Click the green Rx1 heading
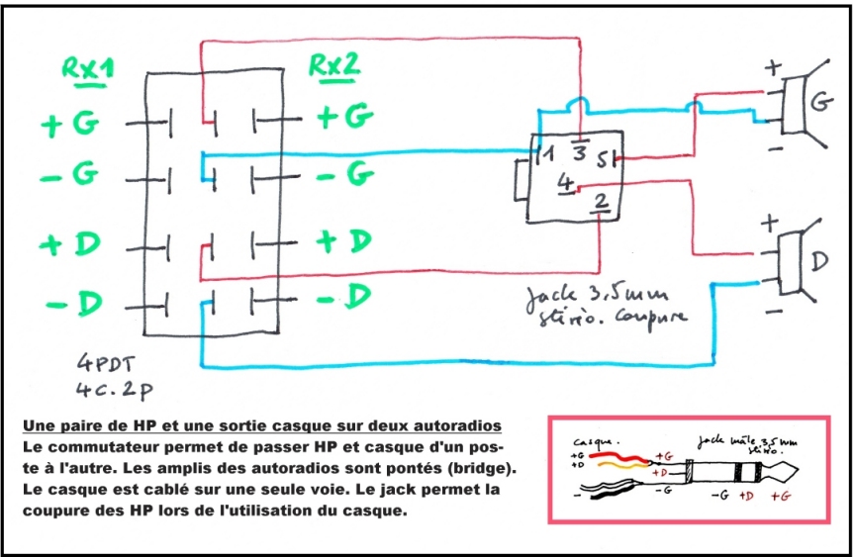(x=87, y=68)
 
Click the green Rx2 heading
(x=333, y=65)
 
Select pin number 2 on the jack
(x=602, y=203)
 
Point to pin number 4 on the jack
(x=563, y=183)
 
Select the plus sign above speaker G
(x=773, y=69)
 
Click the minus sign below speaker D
(x=775, y=312)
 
